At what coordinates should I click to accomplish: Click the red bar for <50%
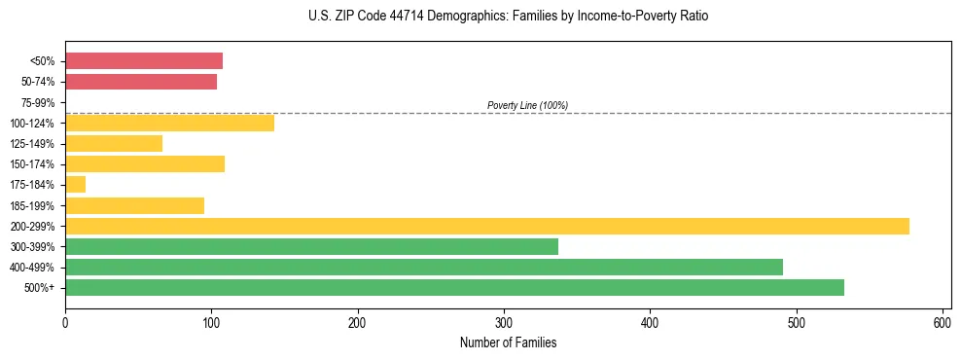pos(144,61)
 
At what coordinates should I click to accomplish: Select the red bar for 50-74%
pos(141,82)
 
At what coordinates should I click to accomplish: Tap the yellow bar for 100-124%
pos(169,123)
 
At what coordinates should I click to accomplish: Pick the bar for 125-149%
pos(114,144)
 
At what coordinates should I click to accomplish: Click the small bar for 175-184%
pos(75,185)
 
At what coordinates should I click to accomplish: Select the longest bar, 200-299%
pos(486,226)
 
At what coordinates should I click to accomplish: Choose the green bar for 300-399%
pos(311,246)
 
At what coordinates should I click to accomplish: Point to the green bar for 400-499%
pos(423,267)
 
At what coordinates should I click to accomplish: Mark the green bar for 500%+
pos(454,287)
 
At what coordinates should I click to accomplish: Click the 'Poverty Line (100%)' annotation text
pos(527,105)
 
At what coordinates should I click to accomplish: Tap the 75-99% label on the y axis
pos(37,103)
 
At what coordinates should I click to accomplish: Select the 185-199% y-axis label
pos(34,206)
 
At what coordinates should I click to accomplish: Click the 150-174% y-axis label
pos(34,164)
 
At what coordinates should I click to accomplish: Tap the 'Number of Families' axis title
pos(508,342)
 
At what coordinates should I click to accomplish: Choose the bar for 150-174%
pos(145,164)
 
